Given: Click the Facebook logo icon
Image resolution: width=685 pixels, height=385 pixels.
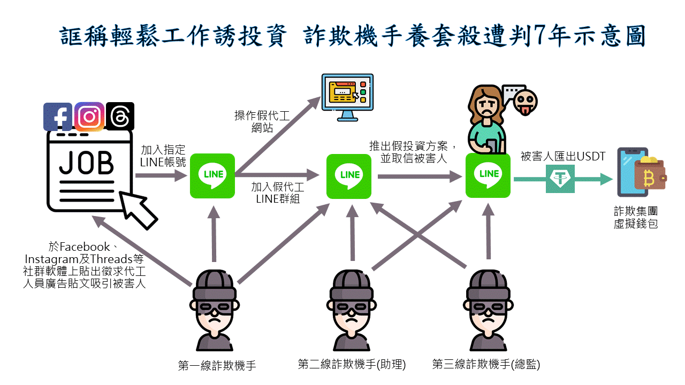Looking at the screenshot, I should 57,117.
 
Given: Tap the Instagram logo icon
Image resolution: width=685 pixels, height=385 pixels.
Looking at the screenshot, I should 89,117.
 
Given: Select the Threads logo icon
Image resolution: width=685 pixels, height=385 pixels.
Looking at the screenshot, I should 120,116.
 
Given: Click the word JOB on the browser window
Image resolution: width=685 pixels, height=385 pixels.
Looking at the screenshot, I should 86,164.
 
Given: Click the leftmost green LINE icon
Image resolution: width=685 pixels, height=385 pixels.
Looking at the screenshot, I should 212,175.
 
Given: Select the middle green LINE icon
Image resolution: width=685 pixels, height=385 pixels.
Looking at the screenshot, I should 349,175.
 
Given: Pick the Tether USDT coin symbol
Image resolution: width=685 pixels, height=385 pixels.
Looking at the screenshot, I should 560,179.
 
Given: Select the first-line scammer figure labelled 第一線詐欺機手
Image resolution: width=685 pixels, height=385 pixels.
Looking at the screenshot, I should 214,310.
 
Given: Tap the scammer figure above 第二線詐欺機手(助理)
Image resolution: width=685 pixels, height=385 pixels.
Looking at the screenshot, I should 351,310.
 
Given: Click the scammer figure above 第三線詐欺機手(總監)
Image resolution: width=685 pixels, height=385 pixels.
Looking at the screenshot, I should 487,310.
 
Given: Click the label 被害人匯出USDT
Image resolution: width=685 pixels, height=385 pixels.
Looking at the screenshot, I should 562,157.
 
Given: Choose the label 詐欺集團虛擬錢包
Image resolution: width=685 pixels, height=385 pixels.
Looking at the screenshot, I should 636,218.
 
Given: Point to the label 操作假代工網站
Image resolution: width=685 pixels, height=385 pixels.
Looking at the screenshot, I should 262,122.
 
